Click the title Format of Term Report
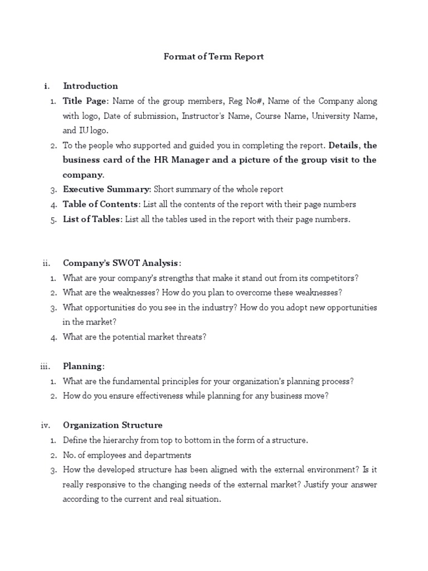tap(213, 56)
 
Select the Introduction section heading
tap(90, 86)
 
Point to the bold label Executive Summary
tap(106, 189)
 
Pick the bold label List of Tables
tap(91, 219)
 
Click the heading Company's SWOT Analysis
tap(121, 263)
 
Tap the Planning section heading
tap(84, 366)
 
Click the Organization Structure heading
tap(113, 425)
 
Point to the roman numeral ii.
tap(47, 263)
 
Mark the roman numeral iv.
tap(46, 425)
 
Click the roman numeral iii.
tap(46, 366)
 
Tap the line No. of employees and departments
tap(127, 455)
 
